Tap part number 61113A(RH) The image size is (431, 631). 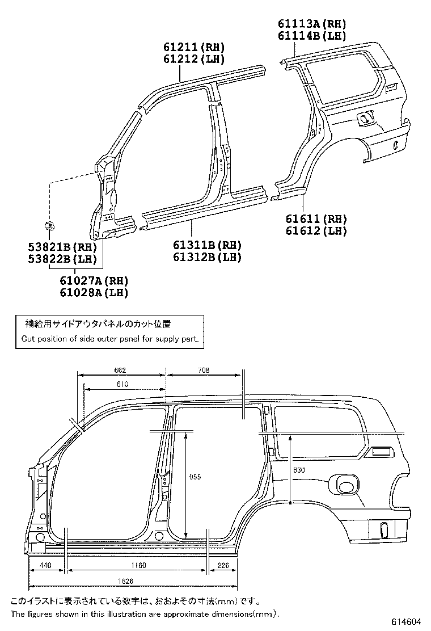click(x=311, y=24)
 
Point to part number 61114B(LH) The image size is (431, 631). click(x=311, y=35)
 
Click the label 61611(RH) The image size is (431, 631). click(x=316, y=219)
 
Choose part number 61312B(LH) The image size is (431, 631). click(x=208, y=257)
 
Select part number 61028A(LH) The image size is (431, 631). click(x=94, y=293)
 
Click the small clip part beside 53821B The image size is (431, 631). click(x=49, y=226)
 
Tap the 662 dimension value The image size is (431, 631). click(x=120, y=370)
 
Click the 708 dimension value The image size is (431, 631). click(x=204, y=370)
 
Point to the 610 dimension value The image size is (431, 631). click(x=122, y=385)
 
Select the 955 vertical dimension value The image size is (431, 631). click(x=195, y=477)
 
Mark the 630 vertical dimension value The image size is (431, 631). click(x=299, y=470)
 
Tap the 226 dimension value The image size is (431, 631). click(x=223, y=566)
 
